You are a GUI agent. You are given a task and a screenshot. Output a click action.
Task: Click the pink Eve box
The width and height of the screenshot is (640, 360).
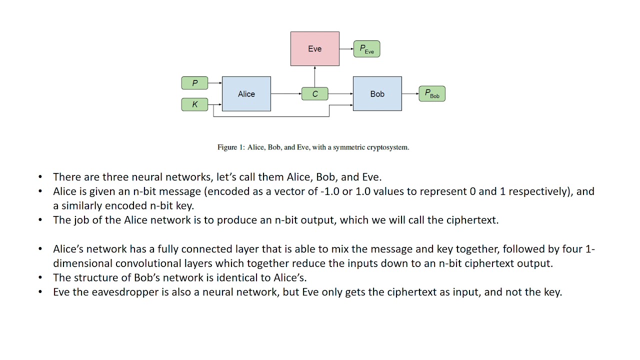[314, 48]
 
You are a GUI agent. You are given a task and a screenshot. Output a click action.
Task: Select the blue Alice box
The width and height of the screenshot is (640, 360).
[246, 93]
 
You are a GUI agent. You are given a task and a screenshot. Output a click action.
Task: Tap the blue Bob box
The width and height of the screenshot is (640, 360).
[377, 93]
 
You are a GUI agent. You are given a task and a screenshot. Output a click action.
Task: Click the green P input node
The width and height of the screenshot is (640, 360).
[194, 83]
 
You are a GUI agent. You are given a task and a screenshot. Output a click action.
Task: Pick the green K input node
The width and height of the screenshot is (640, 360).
[194, 104]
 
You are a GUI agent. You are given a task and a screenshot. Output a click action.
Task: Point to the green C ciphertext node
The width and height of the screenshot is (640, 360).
[314, 94]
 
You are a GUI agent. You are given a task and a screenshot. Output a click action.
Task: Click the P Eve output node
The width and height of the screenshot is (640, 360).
[366, 49]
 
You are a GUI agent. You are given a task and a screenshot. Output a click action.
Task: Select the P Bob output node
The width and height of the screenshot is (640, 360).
[432, 93]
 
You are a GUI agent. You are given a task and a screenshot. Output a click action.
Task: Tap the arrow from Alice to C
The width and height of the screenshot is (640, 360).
[286, 93]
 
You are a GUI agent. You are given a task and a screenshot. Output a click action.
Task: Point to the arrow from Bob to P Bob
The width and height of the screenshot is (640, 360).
[410, 93]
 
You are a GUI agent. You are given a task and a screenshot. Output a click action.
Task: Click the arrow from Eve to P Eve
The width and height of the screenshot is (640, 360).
[346, 49]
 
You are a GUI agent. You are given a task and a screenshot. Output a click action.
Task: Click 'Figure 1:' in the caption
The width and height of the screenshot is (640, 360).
[230, 147]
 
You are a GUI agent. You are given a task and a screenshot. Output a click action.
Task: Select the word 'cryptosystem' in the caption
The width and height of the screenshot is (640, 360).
[388, 147]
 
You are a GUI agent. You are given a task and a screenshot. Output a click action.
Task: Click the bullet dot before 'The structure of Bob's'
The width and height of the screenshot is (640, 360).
[40, 278]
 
